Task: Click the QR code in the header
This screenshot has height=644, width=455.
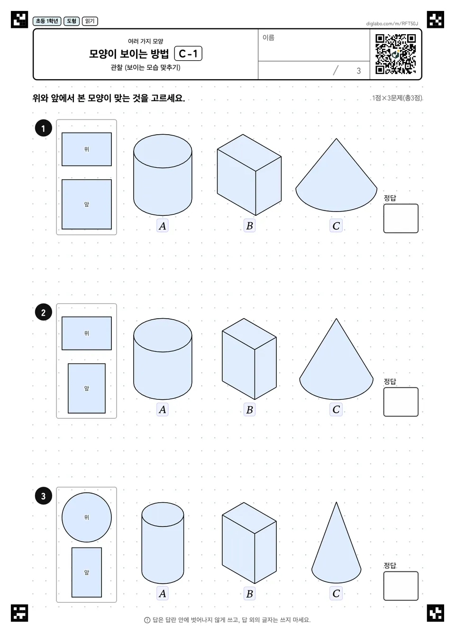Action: [396, 54]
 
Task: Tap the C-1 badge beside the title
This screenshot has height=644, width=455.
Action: [188, 54]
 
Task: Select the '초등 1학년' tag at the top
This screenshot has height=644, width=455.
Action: [47, 21]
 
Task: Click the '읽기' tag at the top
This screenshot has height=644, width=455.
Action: [90, 21]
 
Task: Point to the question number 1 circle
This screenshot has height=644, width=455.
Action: [44, 128]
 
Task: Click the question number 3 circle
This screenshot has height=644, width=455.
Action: [44, 496]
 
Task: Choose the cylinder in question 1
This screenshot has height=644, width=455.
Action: [163, 175]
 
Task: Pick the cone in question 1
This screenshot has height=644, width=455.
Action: [337, 175]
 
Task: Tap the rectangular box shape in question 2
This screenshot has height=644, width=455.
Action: [249, 359]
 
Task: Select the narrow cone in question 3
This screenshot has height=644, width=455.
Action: [337, 543]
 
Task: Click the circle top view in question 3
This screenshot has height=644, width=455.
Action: [86, 517]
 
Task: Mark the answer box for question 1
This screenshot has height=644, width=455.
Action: [400, 219]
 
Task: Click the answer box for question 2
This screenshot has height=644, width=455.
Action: [400, 402]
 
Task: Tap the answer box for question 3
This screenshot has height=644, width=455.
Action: [400, 586]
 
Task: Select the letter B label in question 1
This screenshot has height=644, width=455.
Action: [249, 226]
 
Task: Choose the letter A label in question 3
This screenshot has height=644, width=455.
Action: [162, 593]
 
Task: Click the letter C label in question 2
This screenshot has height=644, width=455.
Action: [336, 409]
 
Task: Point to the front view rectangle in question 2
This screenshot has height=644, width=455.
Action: [86, 388]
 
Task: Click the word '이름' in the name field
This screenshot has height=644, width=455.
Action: [268, 37]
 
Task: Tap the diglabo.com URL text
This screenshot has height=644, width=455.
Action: [392, 24]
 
